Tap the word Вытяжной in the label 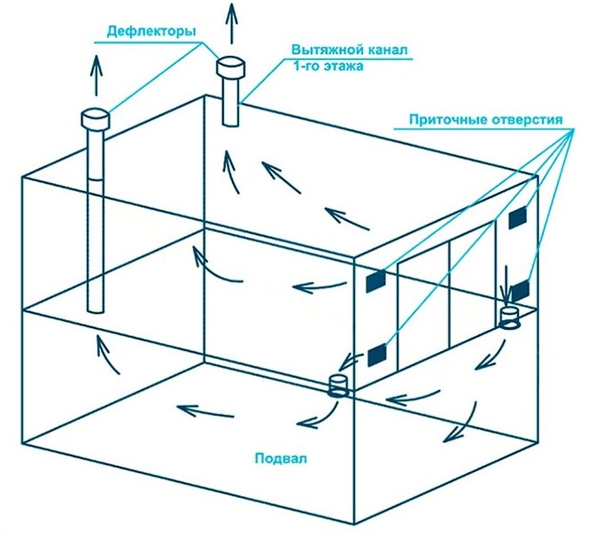321,50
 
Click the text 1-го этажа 322,65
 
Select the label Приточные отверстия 486,119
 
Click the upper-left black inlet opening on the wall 377,280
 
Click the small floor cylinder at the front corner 336,386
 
